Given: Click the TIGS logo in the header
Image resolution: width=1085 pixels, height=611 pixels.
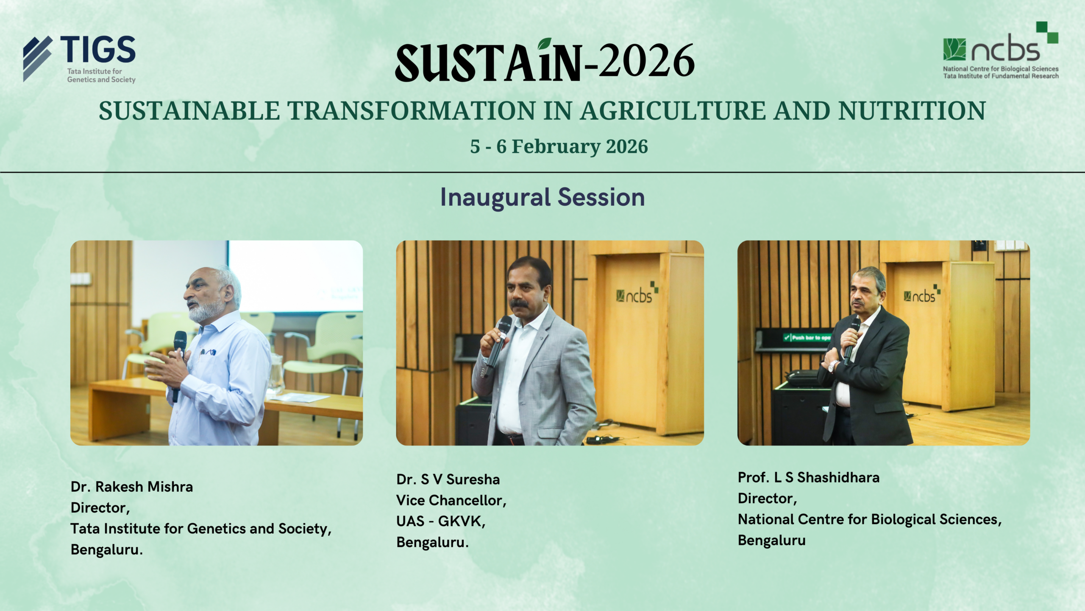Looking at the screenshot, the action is pos(79,59).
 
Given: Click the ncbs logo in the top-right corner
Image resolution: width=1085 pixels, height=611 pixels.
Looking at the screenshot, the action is pos(1001,50).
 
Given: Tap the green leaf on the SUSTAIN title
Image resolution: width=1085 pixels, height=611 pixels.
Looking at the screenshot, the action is pos(545,44).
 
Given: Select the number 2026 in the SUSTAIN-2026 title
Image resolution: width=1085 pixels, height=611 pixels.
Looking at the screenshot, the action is pos(647,61).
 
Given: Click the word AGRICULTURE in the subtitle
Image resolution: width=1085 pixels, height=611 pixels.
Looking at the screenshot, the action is pos(673,111).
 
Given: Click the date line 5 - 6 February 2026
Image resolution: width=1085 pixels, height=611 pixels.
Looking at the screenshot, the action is pos(559,146).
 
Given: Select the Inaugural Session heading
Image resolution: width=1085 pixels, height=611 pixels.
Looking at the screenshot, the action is pos(542,197).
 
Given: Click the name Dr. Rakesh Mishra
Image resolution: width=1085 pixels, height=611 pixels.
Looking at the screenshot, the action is pos(132,487).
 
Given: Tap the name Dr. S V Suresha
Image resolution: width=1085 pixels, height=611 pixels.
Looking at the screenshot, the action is pos(448,479).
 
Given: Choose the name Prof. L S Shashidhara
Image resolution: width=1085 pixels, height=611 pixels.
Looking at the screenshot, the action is pos(809,477).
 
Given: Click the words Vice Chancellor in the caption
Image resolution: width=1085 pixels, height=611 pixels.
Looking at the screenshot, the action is pos(450,501).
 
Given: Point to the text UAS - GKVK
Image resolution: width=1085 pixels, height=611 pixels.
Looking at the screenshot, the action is pos(440,521).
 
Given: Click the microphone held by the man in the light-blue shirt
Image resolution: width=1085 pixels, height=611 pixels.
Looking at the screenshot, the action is pos(178,365).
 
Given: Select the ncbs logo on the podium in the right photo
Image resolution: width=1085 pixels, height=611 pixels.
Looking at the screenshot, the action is pos(922,294).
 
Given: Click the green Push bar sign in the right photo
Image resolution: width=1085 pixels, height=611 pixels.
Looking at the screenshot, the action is pos(807,338).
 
